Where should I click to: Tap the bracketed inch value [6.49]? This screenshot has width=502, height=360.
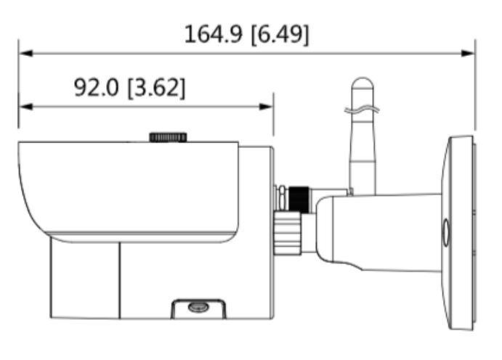coord(280,34)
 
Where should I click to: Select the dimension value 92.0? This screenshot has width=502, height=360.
coord(97,88)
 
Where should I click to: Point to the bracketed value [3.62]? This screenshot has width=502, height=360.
coord(156,88)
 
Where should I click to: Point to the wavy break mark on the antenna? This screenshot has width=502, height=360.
coord(362,110)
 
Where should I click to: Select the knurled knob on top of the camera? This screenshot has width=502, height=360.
coord(169,136)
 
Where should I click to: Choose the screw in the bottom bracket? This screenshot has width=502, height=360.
coord(197,307)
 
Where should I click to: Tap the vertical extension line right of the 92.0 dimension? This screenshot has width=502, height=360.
coord(273,116)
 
